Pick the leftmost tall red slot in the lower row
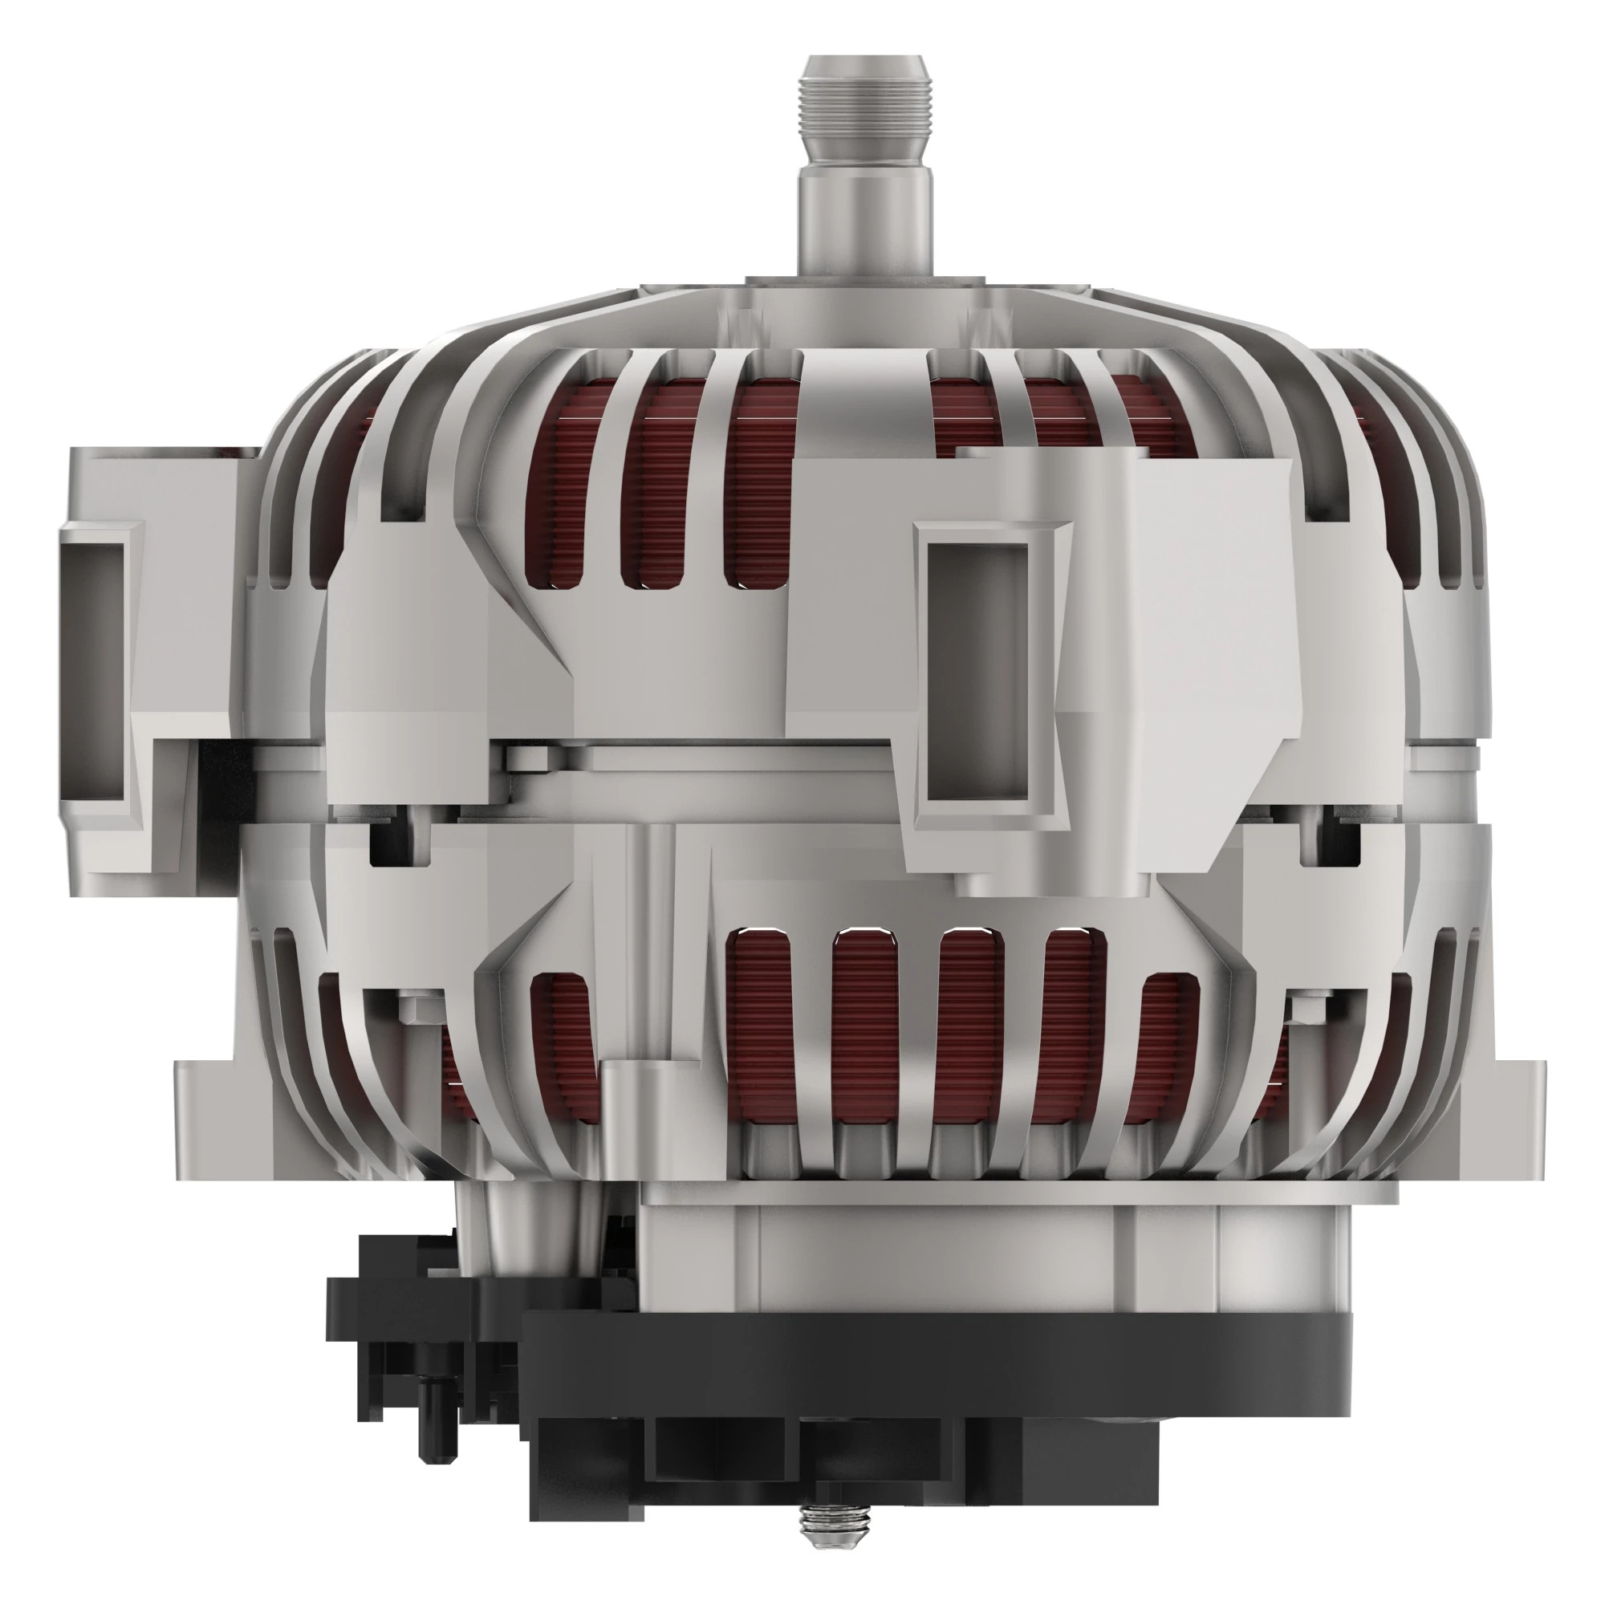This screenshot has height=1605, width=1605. pos(756,1030)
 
